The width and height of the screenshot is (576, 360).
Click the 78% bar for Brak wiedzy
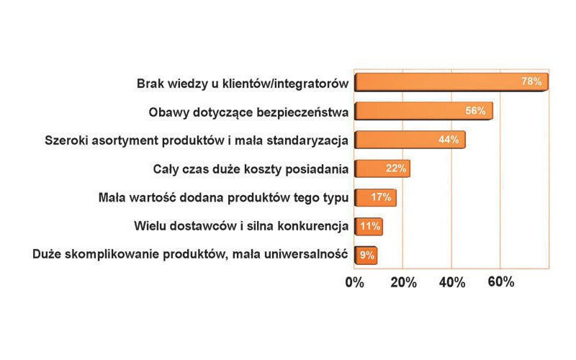click(451, 82)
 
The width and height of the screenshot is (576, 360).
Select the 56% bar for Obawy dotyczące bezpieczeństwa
click(424, 111)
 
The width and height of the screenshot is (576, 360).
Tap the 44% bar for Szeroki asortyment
click(410, 140)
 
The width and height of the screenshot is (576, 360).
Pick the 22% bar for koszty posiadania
click(382, 168)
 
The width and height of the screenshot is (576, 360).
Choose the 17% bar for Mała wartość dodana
click(375, 197)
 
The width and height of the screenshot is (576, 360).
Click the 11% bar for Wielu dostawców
click(369, 226)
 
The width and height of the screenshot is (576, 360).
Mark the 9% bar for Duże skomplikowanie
click(366, 255)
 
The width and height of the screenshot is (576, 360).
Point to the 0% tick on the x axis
click(354, 282)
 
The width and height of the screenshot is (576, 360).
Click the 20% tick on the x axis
click(403, 282)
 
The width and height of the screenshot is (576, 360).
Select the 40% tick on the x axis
click(452, 282)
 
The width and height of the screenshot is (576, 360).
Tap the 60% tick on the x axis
click(500, 282)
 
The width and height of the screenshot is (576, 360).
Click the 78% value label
click(531, 81)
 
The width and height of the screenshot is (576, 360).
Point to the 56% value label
click(476, 110)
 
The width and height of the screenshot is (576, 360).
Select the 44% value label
click(449, 139)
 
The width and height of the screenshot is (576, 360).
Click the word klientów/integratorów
click(285, 84)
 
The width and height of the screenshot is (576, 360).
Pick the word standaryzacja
click(307, 140)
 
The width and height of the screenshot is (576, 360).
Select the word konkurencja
click(312, 226)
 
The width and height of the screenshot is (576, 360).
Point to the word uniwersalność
click(305, 254)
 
